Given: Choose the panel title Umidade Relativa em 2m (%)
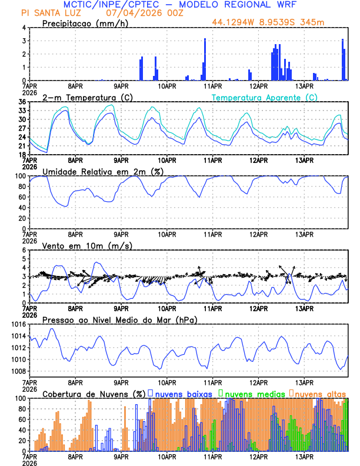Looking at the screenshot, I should click(x=103, y=171).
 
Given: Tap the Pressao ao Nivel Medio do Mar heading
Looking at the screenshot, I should click(x=119, y=319).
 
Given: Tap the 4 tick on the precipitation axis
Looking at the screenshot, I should click(x=24, y=28).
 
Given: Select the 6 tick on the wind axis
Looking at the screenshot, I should click(x=24, y=250).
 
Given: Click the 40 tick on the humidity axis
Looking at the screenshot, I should click(x=22, y=208).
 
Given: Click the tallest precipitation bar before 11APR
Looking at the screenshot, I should click(x=205, y=59).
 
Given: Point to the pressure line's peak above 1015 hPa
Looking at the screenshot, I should click(x=52, y=329).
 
